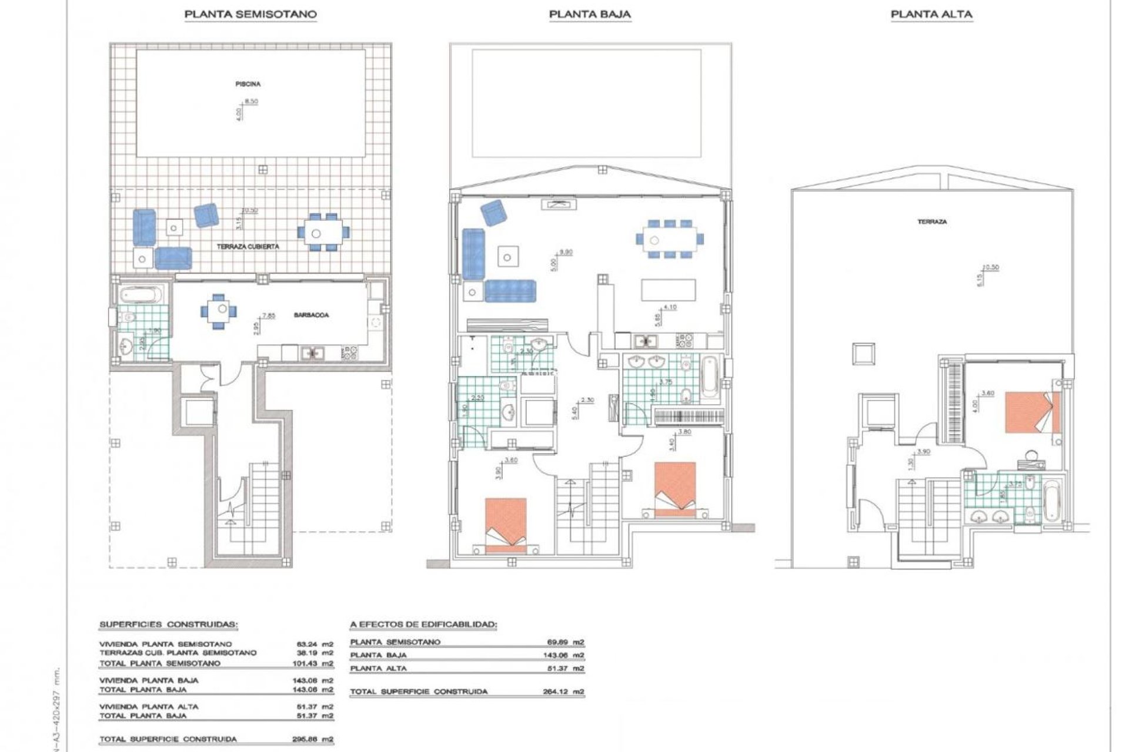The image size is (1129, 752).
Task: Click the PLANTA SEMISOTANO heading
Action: pyautogui.click(x=250, y=14)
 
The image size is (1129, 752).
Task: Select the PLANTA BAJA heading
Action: pyautogui.click(x=590, y=14)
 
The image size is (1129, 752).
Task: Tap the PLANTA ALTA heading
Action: pyautogui.click(x=931, y=14)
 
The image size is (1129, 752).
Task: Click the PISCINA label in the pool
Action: pyautogui.click(x=248, y=84)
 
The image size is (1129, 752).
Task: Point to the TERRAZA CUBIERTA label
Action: pyautogui.click(x=248, y=247)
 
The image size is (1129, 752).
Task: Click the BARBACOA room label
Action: pyautogui.click(x=311, y=315)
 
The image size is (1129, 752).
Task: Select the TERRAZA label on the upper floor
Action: pyautogui.click(x=932, y=222)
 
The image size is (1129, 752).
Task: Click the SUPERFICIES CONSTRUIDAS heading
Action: pyautogui.click(x=169, y=625)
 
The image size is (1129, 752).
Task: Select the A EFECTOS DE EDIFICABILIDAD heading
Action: pyautogui.click(x=423, y=625)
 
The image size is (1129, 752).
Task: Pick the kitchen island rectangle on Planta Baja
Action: pyautogui.click(x=668, y=290)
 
